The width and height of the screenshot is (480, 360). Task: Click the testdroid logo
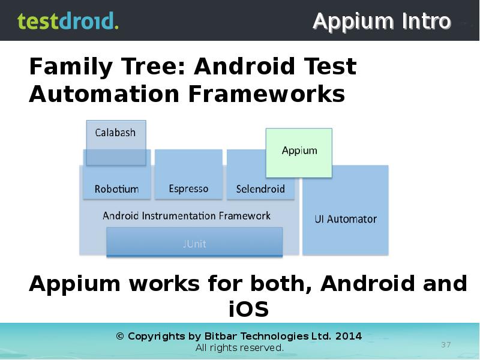coord(68,21)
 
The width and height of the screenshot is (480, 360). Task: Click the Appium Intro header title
coord(382,22)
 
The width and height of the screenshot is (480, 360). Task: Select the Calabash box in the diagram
coord(116,133)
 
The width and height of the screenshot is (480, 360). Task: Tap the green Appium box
coord(299,151)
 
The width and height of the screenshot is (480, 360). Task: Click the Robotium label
coord(116,189)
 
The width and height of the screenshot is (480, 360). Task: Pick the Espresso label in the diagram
coord(188,189)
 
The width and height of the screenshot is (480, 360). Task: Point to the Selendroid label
coord(260,189)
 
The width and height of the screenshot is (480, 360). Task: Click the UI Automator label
coord(346,219)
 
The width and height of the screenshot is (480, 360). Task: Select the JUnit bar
coord(194,244)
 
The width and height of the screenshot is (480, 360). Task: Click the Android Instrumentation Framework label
coord(187,216)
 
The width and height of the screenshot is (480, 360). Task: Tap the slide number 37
coord(446,344)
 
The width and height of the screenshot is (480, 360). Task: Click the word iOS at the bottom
coord(248,310)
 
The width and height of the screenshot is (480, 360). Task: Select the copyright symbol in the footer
coord(119,336)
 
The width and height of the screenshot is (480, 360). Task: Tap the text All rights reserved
coord(239,348)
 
